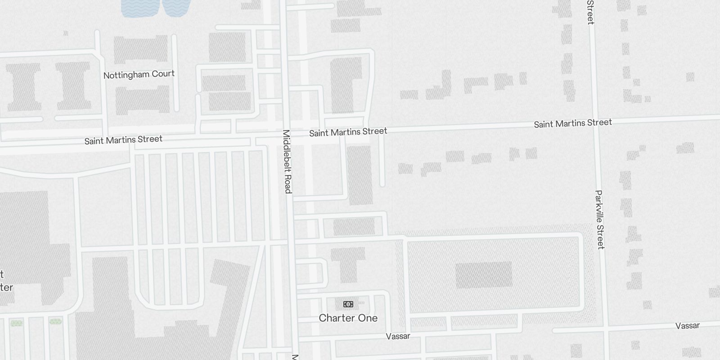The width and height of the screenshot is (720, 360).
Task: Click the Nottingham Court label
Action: pyautogui.click(x=139, y=74)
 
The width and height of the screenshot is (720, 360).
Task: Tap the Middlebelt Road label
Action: pyautogui.click(x=287, y=162)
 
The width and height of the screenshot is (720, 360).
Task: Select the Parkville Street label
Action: pyautogui.click(x=600, y=220)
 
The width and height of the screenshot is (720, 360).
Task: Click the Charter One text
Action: pyautogui.click(x=348, y=318)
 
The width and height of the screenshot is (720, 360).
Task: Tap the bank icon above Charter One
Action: pyautogui.click(x=348, y=304)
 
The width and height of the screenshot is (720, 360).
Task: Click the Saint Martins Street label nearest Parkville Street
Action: pyautogui.click(x=572, y=123)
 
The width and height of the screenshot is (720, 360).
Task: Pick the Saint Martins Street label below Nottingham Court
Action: pyautogui.click(x=123, y=139)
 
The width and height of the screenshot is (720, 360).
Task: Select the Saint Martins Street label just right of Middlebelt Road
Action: pyautogui.click(x=348, y=132)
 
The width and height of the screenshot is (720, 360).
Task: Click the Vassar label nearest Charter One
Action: pyautogui.click(x=398, y=336)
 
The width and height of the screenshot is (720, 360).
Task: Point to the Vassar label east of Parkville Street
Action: pyautogui.click(x=687, y=326)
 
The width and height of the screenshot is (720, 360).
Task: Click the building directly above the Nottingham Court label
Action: pyautogui.click(x=140, y=49)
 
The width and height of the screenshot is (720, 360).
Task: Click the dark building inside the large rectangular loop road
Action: pyautogui.click(x=484, y=275)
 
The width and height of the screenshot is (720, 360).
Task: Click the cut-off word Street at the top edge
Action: pyautogui.click(x=590, y=12)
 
